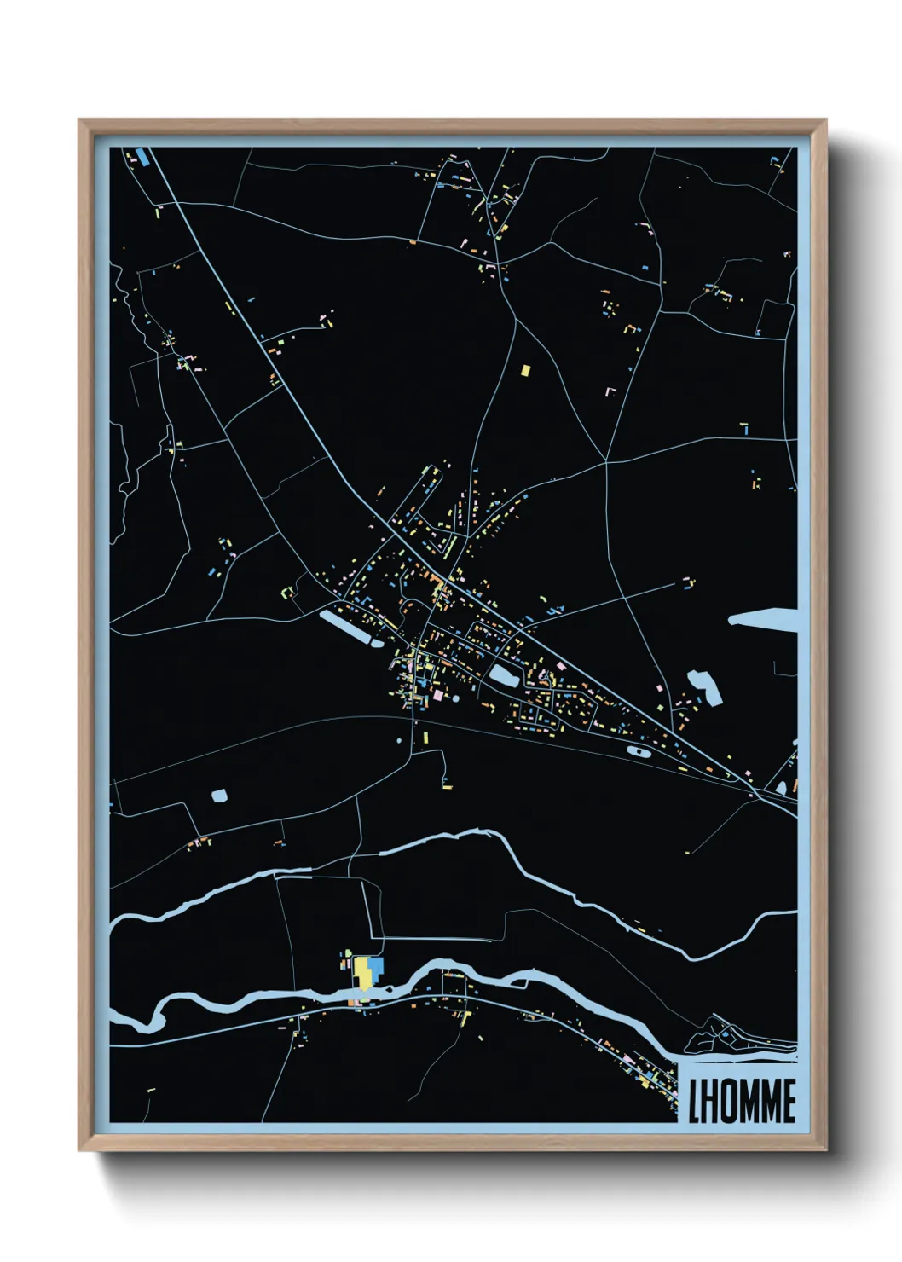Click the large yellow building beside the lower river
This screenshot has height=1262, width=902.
pos(363,971)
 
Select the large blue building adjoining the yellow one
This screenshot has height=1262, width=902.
pos(376,968)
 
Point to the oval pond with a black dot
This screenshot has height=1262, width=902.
pos(638,751)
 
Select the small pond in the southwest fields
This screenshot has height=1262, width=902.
pos(220,796)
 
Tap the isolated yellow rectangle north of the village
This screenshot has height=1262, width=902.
pos(525,370)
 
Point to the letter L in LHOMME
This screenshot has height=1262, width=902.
pos(694,1101)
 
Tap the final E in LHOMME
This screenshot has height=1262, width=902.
pos(789,1101)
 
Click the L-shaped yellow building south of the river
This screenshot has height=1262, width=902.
pos(464,1016)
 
